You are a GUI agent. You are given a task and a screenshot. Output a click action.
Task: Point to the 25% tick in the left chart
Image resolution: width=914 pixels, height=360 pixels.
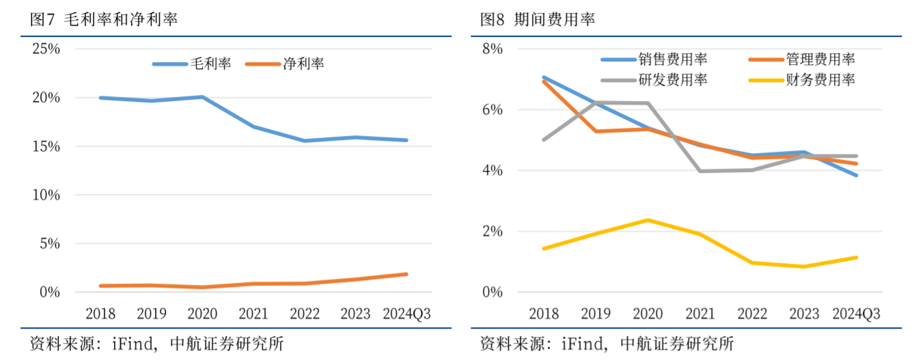tap(46, 49)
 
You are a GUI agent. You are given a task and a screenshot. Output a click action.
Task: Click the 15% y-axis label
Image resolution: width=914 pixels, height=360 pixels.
tap(46, 146)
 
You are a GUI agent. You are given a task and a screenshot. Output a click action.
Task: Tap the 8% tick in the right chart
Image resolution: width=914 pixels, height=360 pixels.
tap(492, 49)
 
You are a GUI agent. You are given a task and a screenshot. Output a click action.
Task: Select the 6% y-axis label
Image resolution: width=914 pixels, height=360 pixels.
tap(492, 110)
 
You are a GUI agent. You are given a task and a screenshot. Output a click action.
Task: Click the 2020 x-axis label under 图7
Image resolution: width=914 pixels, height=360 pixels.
tap(202, 314)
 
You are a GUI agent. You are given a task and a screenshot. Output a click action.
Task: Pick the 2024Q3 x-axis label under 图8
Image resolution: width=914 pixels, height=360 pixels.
tap(856, 314)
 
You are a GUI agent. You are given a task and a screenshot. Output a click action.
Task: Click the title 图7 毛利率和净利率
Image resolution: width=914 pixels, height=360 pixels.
tap(103, 19)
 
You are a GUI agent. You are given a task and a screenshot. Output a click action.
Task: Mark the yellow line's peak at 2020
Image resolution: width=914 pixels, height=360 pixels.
tap(648, 220)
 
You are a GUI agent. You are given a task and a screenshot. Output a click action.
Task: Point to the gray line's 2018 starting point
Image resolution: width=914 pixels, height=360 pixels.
tap(544, 139)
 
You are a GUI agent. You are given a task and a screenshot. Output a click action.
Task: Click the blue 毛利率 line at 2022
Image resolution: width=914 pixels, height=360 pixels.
tap(305, 141)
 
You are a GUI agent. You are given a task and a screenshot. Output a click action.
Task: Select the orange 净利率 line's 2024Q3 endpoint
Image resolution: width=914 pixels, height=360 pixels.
tap(406, 274)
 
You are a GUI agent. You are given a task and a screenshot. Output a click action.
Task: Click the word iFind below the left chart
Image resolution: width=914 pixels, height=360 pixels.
tap(132, 343)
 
